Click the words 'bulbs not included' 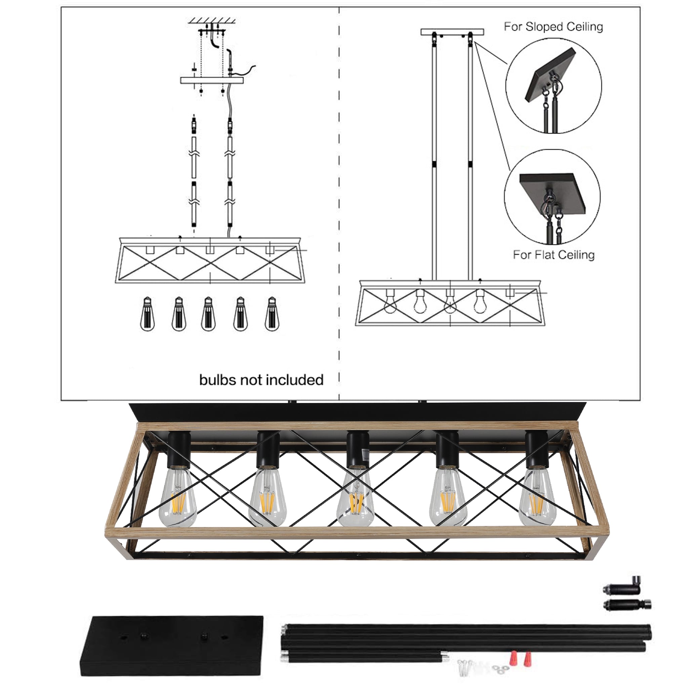coord(261,380)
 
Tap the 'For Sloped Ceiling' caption coord(553,27)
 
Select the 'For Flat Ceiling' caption coord(553,255)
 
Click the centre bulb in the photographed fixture coord(355,496)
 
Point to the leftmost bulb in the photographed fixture coord(177,496)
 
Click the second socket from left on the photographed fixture coord(268,450)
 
